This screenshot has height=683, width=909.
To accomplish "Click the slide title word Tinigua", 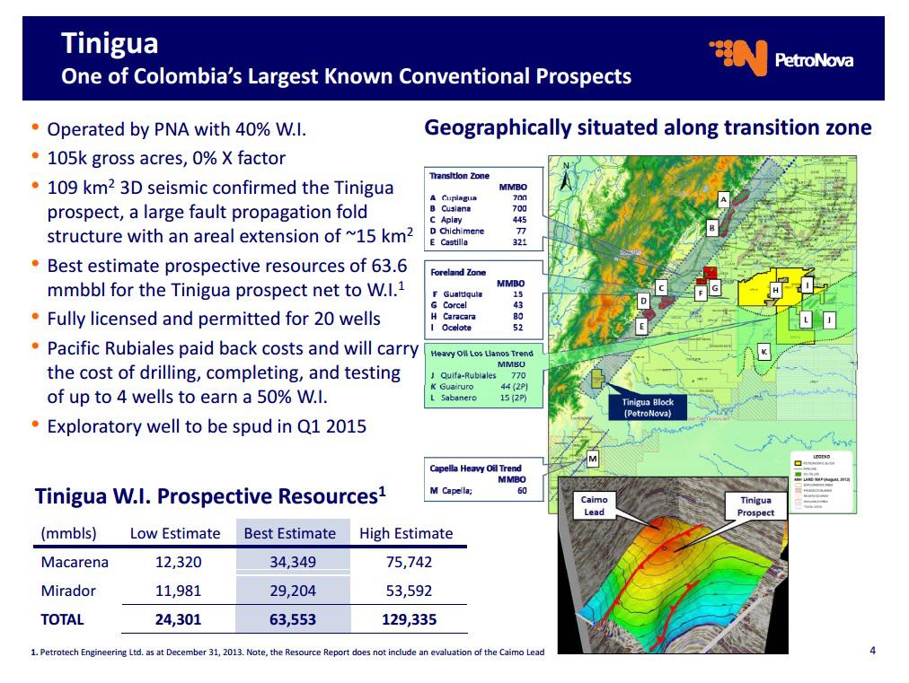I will point(110,43).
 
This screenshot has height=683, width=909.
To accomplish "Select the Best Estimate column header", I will point(290,533).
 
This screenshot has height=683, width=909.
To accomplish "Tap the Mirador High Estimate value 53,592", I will point(406,591).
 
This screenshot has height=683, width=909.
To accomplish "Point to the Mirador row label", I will point(68,591).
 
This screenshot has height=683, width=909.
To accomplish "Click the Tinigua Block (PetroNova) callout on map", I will point(648,407).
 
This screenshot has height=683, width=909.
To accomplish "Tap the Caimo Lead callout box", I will point(594,505).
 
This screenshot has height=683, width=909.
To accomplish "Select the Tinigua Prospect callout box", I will point(755,506).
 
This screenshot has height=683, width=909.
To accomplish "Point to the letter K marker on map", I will point(763,351).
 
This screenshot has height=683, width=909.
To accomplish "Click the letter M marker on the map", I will point(593,460).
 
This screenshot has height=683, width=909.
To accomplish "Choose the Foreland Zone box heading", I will point(458,272).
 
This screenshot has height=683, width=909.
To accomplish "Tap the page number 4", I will point(872,650).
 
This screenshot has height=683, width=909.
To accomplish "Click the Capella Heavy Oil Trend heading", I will point(475,468).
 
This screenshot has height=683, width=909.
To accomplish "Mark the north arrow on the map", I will point(565,176).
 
